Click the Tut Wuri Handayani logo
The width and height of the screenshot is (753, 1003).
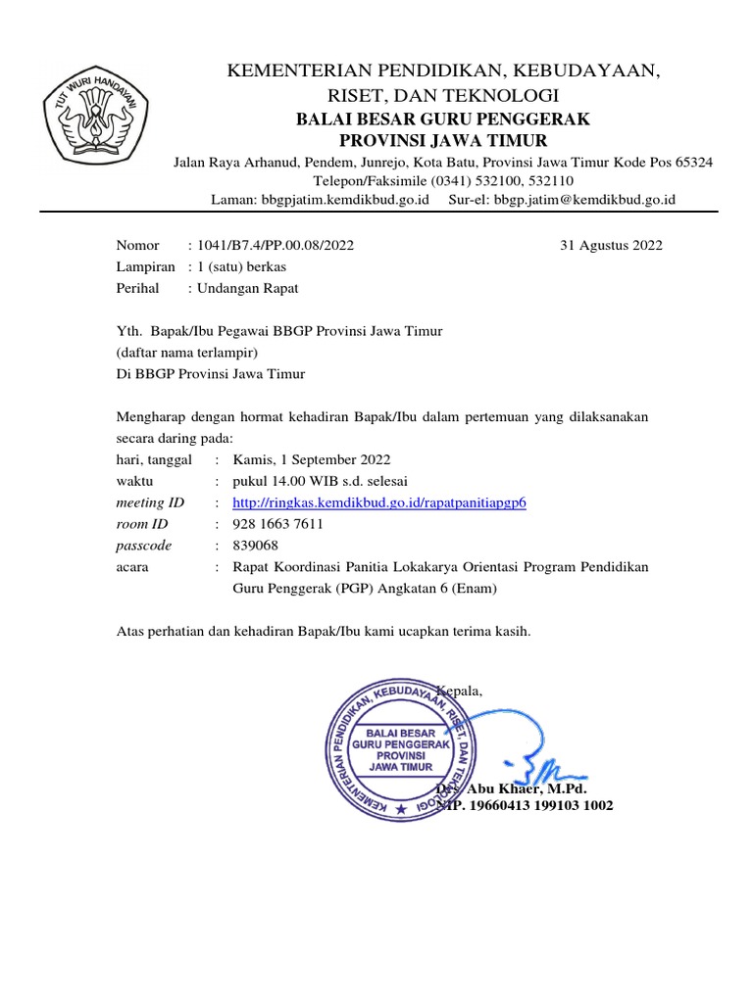(94, 118)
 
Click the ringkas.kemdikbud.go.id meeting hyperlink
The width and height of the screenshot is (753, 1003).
(379, 502)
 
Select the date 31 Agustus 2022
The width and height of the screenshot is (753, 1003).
(611, 246)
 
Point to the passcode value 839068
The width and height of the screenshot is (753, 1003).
(255, 546)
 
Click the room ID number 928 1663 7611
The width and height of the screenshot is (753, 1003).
(278, 524)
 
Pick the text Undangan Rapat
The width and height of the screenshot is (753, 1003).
(247, 289)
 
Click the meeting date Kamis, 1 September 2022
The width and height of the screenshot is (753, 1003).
(312, 459)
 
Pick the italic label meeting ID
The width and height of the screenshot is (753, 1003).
(150, 502)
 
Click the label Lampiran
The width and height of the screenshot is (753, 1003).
(146, 267)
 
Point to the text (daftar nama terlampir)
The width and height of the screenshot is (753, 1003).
(186, 353)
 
